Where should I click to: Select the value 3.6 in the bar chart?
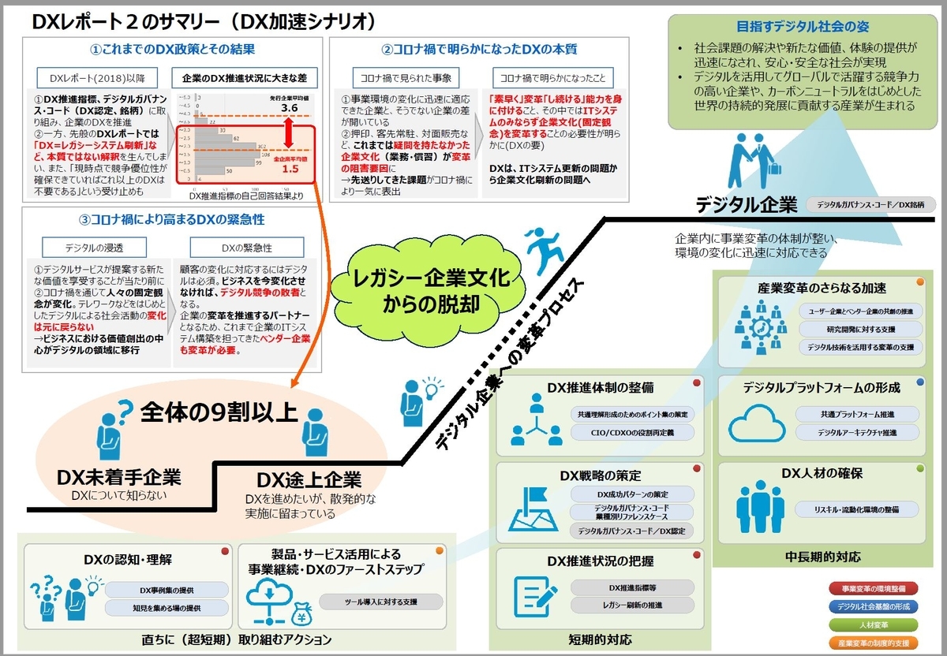coord(289,108)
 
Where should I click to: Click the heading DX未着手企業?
coord(118,477)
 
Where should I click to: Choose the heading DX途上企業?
coord(309,479)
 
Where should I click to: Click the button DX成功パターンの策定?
coord(632,494)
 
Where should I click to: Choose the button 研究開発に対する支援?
coord(859,328)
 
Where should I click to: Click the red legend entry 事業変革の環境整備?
coord(874,588)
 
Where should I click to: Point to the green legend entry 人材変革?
coord(874,624)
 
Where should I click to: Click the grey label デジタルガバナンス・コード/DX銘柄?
coord(870,206)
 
